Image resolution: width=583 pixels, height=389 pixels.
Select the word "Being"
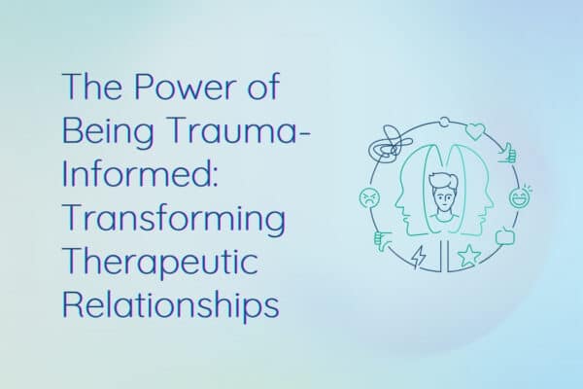108,133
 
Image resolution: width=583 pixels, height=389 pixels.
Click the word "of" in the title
263,87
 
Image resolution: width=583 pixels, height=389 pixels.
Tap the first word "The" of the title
92,87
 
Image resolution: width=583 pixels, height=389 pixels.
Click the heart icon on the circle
475,131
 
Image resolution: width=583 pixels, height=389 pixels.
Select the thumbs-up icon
508,154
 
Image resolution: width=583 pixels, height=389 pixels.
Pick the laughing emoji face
520,196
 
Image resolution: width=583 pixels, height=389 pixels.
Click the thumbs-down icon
382,241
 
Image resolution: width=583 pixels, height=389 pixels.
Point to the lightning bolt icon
419,257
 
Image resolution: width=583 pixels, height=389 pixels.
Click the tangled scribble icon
390,144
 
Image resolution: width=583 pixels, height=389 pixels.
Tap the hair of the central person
443,181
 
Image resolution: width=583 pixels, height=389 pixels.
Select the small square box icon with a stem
505,236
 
